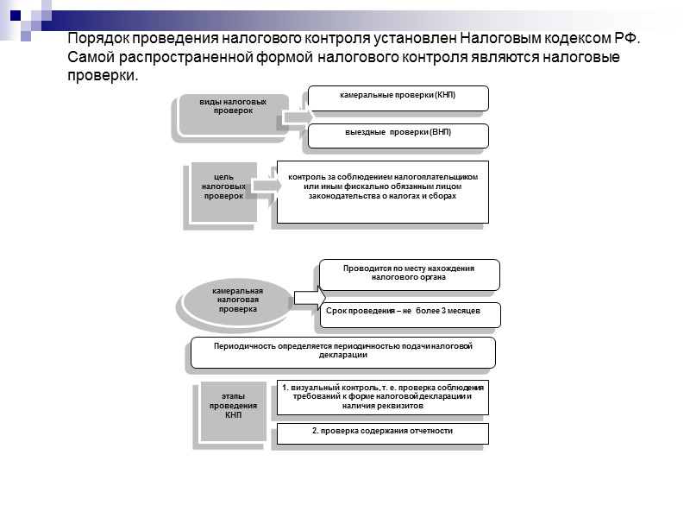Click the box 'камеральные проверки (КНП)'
pos(398,98)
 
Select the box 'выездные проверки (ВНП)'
pos(398,136)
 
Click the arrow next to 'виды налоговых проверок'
pos(294,119)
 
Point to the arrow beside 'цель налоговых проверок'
pos(267,185)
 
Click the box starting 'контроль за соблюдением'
pos(382,192)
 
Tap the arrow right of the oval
pos(305,298)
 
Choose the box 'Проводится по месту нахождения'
pos(409,275)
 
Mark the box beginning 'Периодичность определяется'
pos(342,351)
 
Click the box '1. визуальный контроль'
pos(382,397)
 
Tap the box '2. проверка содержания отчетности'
pos(382,433)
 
